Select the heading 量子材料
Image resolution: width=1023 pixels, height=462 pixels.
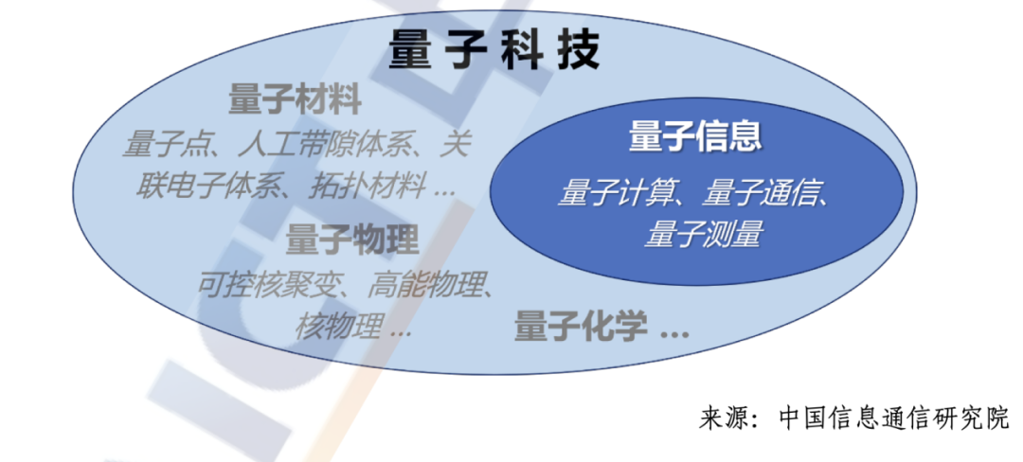click(295, 101)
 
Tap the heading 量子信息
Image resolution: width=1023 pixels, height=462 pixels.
click(695, 137)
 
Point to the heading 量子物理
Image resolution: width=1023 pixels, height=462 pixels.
click(352, 240)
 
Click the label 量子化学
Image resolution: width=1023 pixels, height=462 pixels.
click(581, 325)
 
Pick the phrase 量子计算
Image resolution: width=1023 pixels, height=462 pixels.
click(613, 194)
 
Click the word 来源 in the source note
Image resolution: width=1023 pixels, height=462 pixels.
click(723, 418)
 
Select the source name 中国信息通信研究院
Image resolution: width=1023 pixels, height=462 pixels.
click(894, 418)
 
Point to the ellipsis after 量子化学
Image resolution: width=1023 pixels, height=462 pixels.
click(674, 334)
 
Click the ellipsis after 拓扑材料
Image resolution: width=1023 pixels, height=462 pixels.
click(444, 194)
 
